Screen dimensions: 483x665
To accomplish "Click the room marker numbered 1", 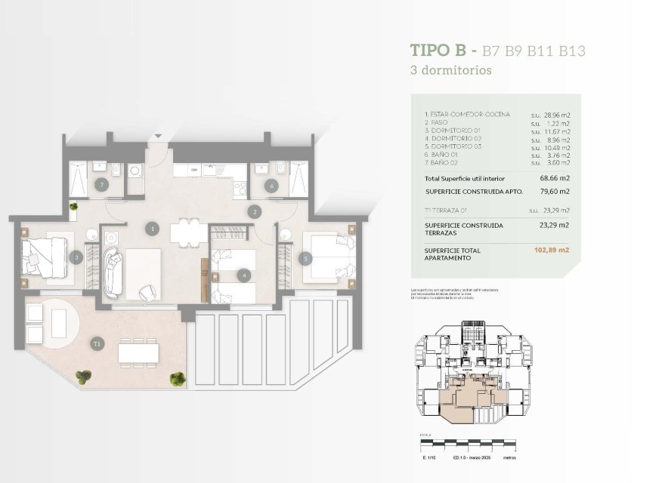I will click(x=153, y=227).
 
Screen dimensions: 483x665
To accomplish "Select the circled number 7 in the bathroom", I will click(x=103, y=184).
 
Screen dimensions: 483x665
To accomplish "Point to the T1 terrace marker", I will click(x=97, y=344).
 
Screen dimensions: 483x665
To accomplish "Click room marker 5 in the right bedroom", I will click(x=306, y=258).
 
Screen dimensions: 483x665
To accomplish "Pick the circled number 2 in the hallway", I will click(x=256, y=212).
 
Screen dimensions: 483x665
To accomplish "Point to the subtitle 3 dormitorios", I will click(x=450, y=70).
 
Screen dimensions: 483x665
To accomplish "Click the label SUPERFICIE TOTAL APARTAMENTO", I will click(x=453, y=254).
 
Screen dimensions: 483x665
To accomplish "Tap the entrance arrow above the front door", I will click(x=158, y=137).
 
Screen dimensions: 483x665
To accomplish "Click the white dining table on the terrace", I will click(x=138, y=351).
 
